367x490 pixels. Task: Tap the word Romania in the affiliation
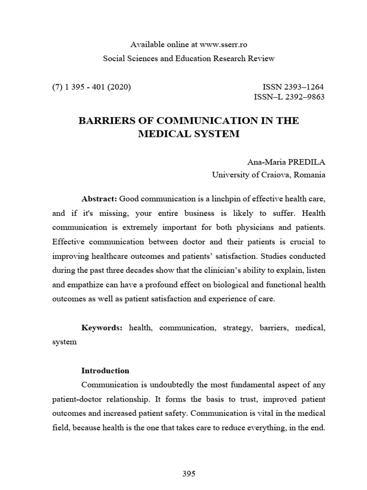(x=310, y=175)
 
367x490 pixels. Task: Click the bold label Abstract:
(x=99, y=198)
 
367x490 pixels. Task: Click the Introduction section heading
(x=105, y=370)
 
